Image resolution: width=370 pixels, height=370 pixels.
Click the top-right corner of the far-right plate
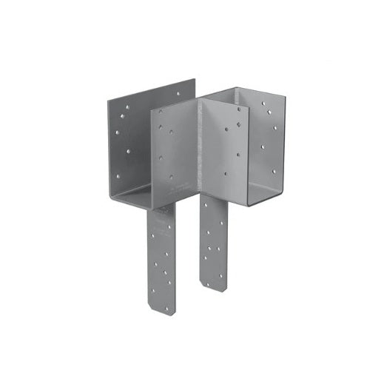tap(284, 92)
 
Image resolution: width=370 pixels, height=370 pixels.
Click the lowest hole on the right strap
tap(221, 273)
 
